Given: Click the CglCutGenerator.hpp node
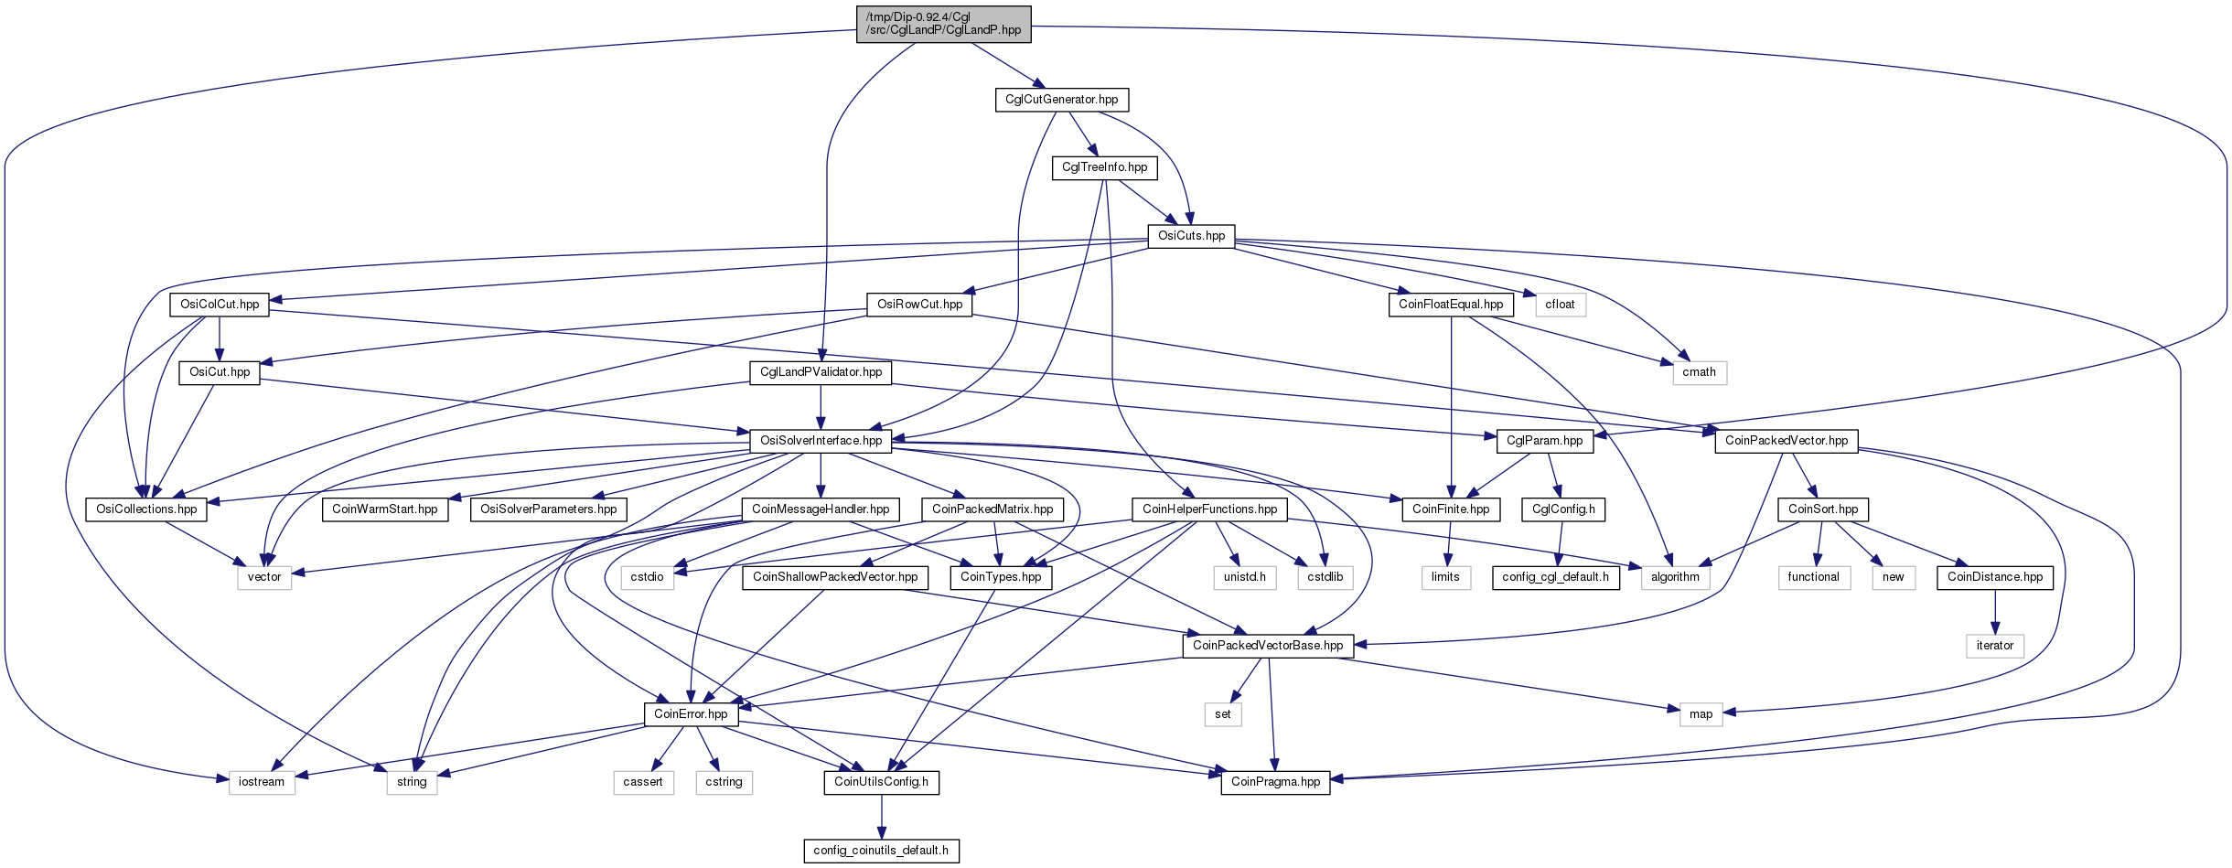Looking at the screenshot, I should tap(1061, 100).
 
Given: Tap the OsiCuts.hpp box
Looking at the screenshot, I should tap(1191, 236).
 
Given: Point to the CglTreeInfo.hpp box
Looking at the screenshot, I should tap(1104, 167).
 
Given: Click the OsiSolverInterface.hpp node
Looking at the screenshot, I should tap(821, 441).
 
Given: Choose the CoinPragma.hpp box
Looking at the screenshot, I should tap(1275, 782).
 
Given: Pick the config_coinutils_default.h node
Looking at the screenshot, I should tap(881, 851).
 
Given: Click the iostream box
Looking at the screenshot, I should tap(262, 782).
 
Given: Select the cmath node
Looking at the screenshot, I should tap(1699, 372).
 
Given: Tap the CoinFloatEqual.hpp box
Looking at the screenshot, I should tap(1451, 305).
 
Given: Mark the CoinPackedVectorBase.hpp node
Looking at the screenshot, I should tap(1268, 646).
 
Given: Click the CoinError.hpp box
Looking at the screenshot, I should tap(691, 714).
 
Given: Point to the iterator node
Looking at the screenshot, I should tap(1994, 646).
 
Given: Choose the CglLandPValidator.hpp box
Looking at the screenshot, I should tap(821, 372).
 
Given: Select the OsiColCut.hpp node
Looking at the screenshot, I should tap(220, 305).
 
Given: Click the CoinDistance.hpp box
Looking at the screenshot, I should tap(1994, 577).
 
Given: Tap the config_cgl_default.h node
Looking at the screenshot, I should tap(1555, 577).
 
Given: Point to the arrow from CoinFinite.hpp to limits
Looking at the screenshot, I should tap(1448, 543).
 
